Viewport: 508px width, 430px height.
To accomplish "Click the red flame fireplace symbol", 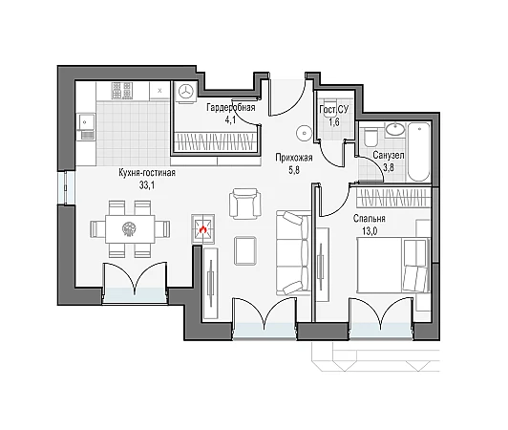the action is click(202, 229).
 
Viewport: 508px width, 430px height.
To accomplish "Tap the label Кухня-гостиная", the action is click(147, 173).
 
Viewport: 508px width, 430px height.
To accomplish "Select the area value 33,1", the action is click(147, 185).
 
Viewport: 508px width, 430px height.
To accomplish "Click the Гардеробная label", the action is click(231, 107).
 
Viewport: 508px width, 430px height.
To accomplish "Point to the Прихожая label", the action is click(294, 158).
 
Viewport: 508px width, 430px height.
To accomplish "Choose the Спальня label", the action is click(370, 219).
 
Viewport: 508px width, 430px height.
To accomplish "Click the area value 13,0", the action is click(370, 231).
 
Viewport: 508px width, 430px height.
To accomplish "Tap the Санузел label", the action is click(388, 156).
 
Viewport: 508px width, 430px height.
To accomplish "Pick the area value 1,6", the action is click(334, 122).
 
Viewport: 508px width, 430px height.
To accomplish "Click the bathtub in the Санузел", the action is click(418, 151).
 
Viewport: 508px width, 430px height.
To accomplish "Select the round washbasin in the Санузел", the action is click(395, 129).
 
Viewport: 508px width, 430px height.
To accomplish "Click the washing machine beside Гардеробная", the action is click(186, 92).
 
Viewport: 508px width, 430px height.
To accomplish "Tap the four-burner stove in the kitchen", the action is click(122, 90).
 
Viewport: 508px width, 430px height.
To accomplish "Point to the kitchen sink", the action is click(86, 127).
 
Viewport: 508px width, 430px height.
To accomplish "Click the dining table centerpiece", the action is click(129, 228).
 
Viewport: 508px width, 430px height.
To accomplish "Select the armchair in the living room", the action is click(244, 204).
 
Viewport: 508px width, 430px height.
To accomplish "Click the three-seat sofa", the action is click(293, 253).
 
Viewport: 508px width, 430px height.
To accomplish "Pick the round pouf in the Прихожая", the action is click(305, 133).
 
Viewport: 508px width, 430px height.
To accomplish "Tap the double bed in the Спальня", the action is click(393, 266).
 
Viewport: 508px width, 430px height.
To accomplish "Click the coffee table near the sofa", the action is click(245, 250).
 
